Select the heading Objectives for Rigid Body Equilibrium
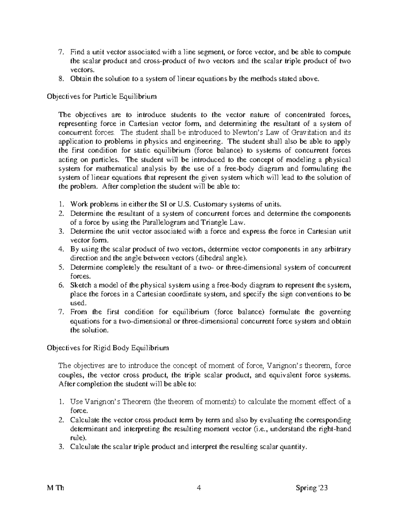(x=108, y=348)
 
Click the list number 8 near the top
(x=60, y=79)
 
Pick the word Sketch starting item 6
(x=80, y=285)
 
